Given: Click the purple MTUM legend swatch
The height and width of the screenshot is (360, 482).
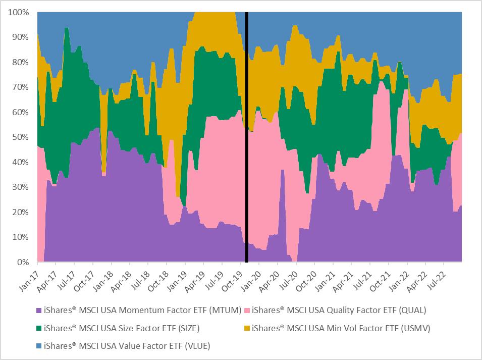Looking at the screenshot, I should [38, 311].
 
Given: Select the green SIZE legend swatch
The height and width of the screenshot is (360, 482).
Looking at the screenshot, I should [38, 328].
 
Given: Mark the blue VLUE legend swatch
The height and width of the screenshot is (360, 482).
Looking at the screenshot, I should [38, 346].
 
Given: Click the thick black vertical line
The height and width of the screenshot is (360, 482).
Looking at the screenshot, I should [246, 136].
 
